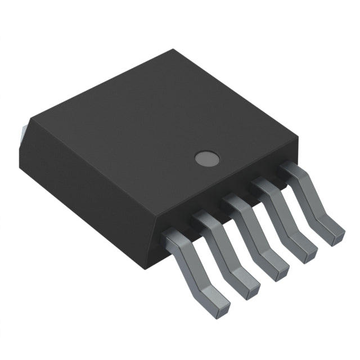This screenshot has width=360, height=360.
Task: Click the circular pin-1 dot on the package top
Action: pyautogui.click(x=206, y=159)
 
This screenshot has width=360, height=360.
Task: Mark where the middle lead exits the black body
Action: pyautogui.click(x=233, y=202)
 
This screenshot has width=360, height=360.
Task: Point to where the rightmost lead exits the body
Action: pyautogui.click(x=291, y=168)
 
